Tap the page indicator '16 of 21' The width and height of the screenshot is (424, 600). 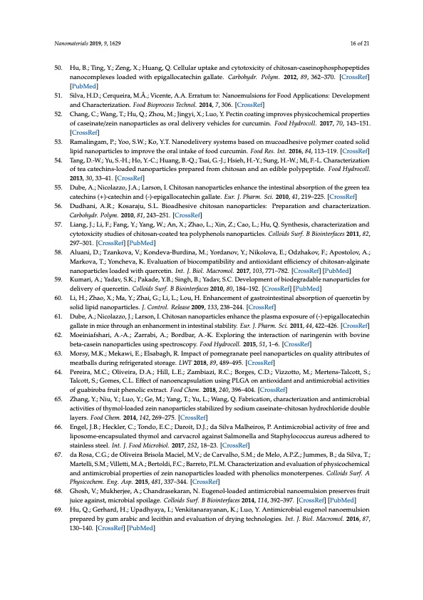357,43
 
